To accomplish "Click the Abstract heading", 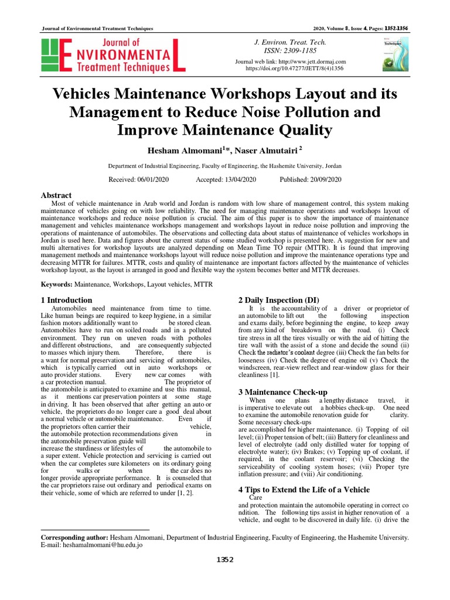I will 56,195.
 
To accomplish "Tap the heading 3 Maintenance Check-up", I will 282,391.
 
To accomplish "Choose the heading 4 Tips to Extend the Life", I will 304,489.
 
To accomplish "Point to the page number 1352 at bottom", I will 224,560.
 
